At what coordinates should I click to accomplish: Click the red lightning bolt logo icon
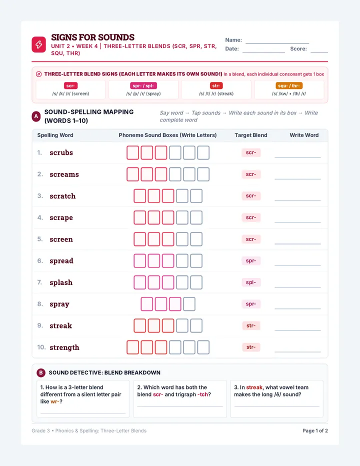tap(38, 44)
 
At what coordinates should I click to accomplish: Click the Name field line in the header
tap(277, 43)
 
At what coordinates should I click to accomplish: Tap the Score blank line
tap(319, 52)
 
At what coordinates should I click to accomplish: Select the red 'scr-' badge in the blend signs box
tap(71, 85)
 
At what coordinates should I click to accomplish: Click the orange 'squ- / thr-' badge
tap(289, 85)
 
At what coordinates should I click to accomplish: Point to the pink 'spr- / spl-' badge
tap(143, 85)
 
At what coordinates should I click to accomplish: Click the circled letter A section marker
tap(36, 116)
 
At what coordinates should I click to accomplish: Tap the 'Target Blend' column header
tap(251, 135)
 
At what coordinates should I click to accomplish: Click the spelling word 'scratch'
tap(62, 196)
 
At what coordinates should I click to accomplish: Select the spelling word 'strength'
tap(64, 347)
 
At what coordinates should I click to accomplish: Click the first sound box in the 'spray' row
tap(147, 304)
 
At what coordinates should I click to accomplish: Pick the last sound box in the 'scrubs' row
tap(203, 153)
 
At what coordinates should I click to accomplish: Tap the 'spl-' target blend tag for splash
tap(251, 282)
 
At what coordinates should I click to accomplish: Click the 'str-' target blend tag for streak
tap(251, 325)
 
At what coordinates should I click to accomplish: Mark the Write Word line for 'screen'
tap(297, 243)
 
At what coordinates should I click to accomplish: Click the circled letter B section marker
tap(41, 372)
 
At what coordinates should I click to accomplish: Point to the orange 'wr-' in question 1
tap(54, 401)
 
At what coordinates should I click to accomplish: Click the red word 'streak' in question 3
tap(254, 387)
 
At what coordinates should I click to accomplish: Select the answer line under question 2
tap(180, 406)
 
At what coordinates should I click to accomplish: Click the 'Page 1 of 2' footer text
tap(315, 430)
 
